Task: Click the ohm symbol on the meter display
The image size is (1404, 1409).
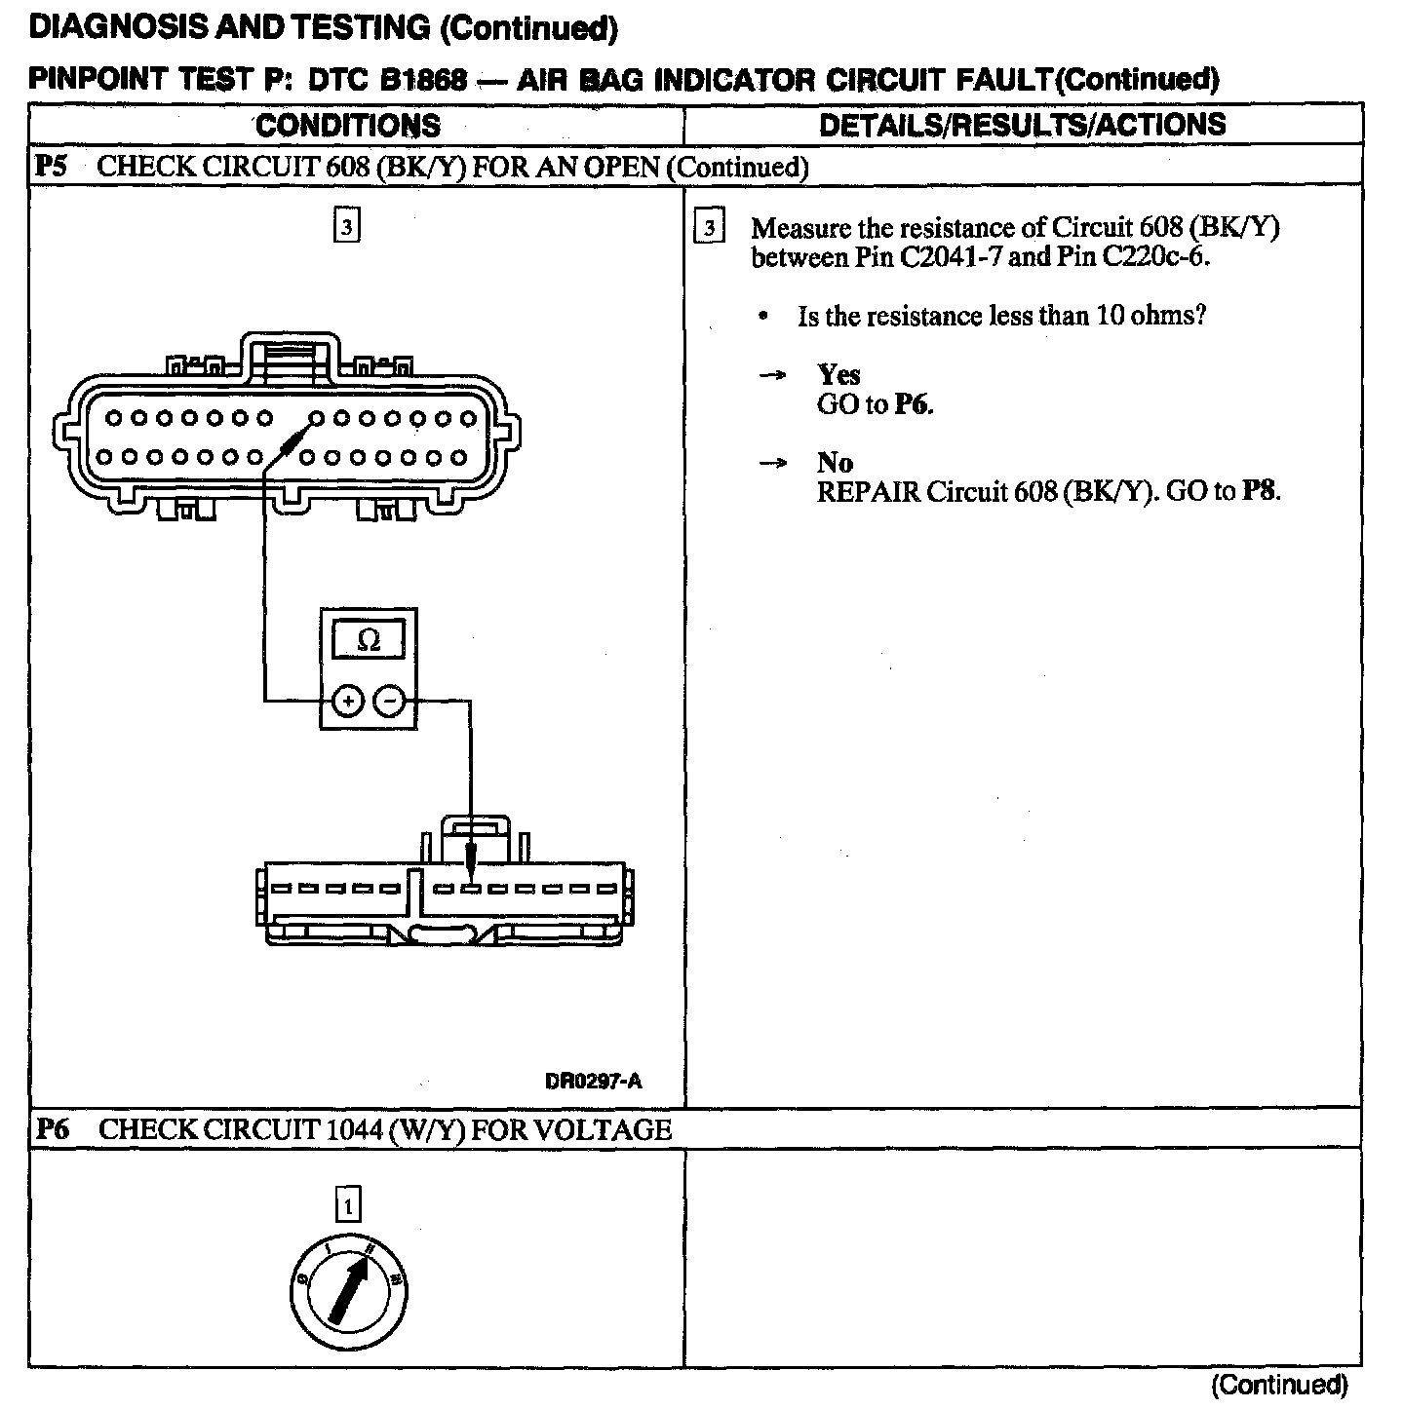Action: (369, 640)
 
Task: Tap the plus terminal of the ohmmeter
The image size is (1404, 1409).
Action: (348, 701)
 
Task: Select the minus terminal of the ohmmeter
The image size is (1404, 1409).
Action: (389, 701)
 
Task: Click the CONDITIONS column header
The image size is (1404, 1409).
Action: (348, 126)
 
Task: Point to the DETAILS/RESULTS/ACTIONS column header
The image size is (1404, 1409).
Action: (1022, 125)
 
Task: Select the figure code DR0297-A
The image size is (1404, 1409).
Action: (594, 1081)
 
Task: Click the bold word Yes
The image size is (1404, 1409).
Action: (838, 375)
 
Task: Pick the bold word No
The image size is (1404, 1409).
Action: (835, 463)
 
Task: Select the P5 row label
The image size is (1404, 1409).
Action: (50, 167)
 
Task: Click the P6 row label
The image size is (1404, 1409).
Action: (52, 1129)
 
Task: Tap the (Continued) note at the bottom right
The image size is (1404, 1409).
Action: (1279, 1384)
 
